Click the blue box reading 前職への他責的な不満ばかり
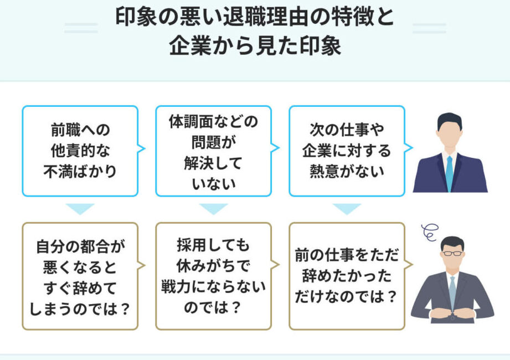[80, 151]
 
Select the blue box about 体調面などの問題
[213, 151]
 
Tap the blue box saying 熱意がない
[347, 151]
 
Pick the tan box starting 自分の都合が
[80, 276]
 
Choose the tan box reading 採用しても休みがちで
[213, 276]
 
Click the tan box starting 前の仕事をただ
[347, 276]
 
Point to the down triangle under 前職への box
[80, 209]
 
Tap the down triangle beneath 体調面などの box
[213, 209]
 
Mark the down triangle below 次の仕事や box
[347, 209]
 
